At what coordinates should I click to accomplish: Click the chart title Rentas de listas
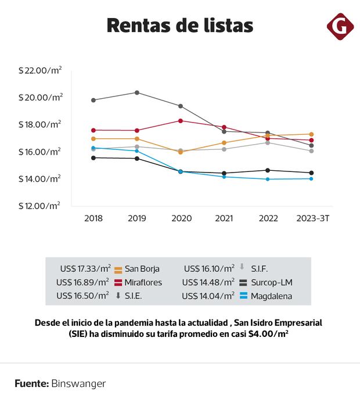point(179,26)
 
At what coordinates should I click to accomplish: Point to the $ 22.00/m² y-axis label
point(40,70)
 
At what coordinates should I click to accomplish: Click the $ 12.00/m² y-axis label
point(39,206)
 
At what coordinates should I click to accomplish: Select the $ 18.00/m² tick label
point(40,124)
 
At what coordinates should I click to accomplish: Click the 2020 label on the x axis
point(181,218)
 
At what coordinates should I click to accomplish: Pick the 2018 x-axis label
point(93,218)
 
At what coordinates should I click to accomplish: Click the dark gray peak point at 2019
point(137,92)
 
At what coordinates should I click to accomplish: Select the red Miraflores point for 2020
point(181,121)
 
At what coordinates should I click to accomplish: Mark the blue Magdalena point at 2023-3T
point(311,179)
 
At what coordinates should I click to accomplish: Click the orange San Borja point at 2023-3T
point(311,134)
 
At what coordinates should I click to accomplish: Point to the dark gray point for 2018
point(93,100)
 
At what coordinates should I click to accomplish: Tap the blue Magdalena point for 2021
point(224,177)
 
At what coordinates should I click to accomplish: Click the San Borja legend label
point(142,269)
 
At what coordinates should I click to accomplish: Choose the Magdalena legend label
point(271,296)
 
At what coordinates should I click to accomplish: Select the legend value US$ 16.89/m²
point(82,282)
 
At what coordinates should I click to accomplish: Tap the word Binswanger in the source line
point(78,384)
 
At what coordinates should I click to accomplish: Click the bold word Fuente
point(31,384)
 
